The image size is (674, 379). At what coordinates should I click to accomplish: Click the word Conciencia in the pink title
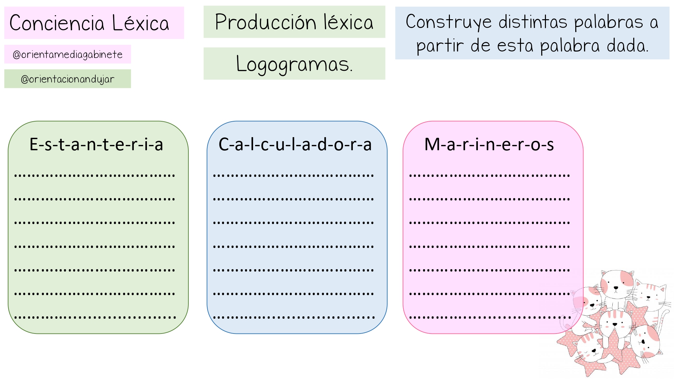coord(57,23)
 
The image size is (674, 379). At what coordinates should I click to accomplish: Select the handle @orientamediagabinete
coord(67,55)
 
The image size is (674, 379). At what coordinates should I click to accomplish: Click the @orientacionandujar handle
coord(67,79)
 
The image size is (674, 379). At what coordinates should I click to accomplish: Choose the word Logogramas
coord(294,64)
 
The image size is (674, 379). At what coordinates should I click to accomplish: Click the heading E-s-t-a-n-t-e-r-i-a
coord(96,145)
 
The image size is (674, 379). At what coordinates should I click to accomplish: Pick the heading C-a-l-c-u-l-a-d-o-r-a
coord(295,145)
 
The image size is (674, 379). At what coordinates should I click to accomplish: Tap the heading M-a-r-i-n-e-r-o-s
coord(489,145)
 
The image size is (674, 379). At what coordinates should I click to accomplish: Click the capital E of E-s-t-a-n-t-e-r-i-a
coord(34,145)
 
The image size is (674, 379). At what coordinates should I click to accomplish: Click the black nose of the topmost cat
coord(616,288)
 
